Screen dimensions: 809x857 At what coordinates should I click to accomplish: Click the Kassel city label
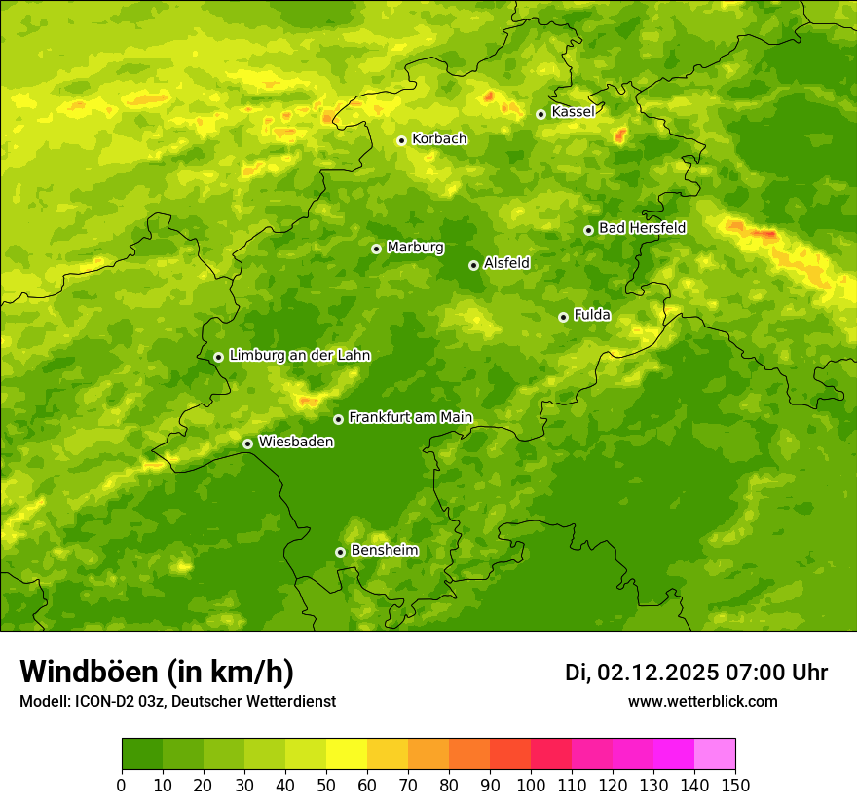[x=573, y=112]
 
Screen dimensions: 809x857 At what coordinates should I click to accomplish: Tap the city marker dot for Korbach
[x=401, y=140]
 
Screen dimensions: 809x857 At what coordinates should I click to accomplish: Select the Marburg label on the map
[x=415, y=248]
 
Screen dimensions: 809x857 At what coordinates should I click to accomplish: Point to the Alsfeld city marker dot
[x=473, y=265]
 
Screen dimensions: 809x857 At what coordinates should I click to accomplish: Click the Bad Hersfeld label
[x=642, y=228]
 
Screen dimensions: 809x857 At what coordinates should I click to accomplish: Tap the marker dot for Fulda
[x=563, y=317]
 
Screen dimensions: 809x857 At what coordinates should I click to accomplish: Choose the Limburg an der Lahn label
[x=299, y=356]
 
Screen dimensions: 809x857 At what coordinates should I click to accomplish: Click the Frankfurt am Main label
[x=410, y=418]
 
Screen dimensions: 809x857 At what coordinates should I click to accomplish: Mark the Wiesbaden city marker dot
[x=247, y=443]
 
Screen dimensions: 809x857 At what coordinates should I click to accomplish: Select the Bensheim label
[x=384, y=551]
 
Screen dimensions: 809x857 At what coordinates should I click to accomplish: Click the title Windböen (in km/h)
[x=157, y=672]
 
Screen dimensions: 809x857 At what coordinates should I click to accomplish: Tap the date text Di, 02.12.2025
[x=642, y=673]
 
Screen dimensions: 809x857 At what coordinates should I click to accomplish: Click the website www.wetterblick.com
[x=702, y=701]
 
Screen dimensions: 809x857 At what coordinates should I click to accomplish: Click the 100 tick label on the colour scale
[x=531, y=786]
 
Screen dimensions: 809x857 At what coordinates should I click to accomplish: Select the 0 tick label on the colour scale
[x=122, y=786]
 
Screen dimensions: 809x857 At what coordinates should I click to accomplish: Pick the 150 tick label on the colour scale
[x=735, y=786]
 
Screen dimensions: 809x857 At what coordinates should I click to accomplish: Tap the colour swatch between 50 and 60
[x=347, y=754]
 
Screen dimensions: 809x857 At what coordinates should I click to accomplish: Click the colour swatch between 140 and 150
[x=715, y=754]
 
